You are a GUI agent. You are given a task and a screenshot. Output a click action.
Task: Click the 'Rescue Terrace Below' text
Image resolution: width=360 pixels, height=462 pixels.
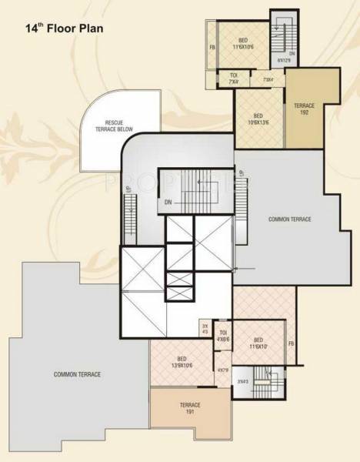click(x=115, y=128)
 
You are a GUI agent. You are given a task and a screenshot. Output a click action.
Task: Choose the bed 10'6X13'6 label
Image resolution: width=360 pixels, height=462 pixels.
click(x=258, y=119)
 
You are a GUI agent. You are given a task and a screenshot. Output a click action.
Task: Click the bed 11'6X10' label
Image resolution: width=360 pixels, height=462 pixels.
click(x=258, y=343)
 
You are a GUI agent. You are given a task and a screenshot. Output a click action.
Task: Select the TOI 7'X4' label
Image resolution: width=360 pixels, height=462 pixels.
click(x=233, y=77)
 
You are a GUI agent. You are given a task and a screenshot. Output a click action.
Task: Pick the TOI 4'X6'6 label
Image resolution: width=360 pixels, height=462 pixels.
click(x=223, y=335)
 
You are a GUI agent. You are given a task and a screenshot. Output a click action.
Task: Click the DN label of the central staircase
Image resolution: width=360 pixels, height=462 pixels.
click(x=168, y=203)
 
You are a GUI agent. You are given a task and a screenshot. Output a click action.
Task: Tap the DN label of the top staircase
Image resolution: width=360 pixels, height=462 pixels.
click(x=292, y=53)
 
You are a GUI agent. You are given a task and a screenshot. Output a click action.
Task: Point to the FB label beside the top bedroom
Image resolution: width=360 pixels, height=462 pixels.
click(x=211, y=49)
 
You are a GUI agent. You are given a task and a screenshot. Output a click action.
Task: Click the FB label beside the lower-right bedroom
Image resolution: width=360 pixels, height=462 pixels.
click(x=291, y=343)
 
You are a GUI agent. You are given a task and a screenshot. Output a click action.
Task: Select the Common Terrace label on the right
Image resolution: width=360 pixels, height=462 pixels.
click(x=290, y=219)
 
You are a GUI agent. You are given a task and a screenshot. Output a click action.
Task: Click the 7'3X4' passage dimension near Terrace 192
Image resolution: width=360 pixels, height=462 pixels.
click(x=268, y=79)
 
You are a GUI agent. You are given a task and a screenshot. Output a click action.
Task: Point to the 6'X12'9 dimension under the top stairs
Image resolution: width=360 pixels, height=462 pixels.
click(x=292, y=61)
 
